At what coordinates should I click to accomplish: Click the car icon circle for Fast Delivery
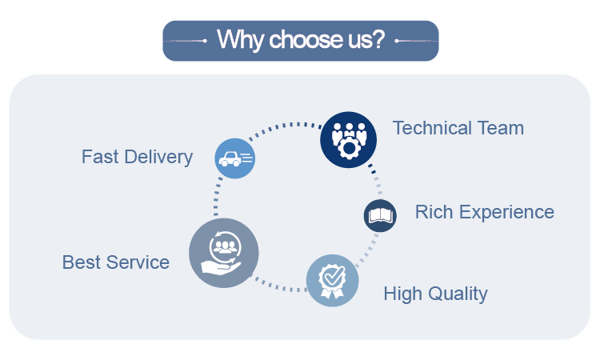click(235, 158)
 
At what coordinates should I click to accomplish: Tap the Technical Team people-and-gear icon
click(348, 138)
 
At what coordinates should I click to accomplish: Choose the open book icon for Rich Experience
click(380, 215)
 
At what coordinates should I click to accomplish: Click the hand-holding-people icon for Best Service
click(224, 253)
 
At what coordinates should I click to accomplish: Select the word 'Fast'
click(99, 156)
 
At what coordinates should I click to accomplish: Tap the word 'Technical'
click(432, 127)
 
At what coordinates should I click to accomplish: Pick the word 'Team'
click(500, 127)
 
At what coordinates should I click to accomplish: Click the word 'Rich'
click(433, 212)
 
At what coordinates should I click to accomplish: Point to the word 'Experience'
click(506, 212)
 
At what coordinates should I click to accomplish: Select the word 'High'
click(402, 294)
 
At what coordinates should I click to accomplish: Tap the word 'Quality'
click(458, 294)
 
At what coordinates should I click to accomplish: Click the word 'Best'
click(80, 262)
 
